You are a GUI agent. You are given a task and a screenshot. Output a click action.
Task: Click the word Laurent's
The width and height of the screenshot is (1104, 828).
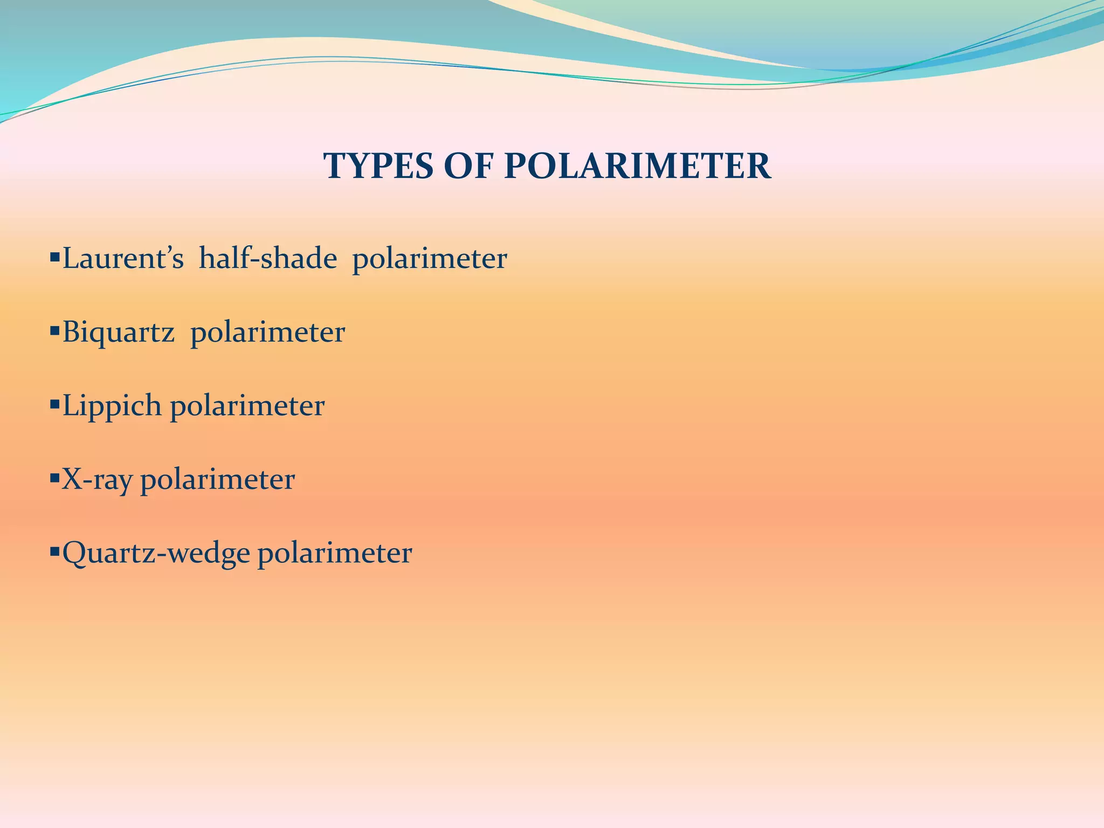(123, 259)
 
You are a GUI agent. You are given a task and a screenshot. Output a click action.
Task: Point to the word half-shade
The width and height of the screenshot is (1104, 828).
(268, 259)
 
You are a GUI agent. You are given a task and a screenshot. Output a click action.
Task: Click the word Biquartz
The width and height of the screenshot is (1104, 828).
(119, 333)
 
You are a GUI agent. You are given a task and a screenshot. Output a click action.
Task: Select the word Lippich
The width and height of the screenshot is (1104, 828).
(112, 406)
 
